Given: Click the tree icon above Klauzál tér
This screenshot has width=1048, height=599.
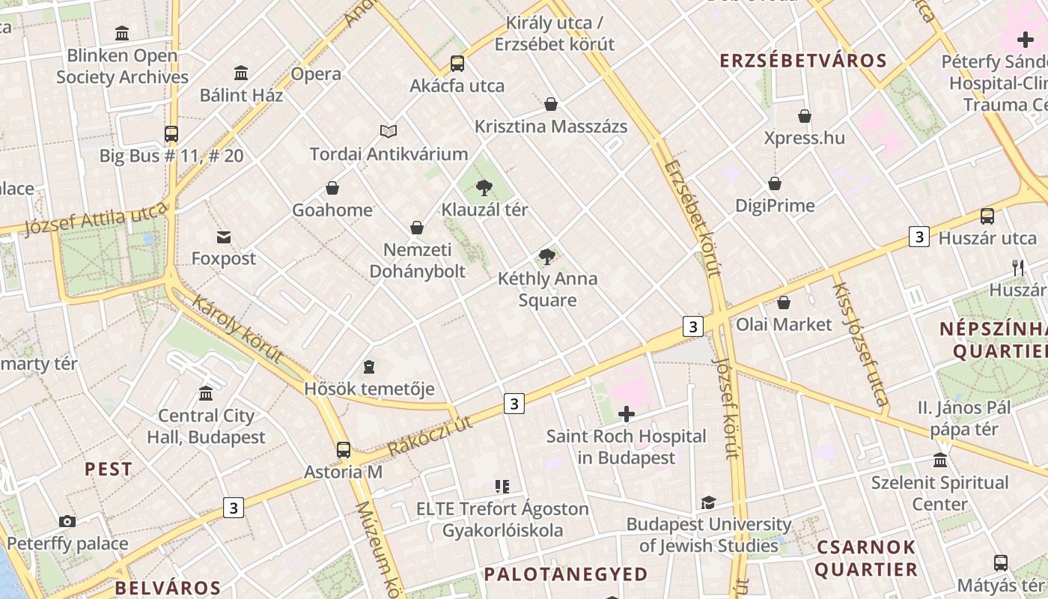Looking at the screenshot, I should [484, 187].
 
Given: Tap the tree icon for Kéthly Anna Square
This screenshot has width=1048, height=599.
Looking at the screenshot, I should [547, 257].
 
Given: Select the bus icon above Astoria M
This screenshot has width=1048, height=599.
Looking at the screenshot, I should [344, 449].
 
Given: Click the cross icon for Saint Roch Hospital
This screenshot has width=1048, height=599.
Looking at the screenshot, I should [627, 414].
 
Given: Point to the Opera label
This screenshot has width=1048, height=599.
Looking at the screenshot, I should [316, 74].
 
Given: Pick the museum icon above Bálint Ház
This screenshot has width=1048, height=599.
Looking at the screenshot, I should [241, 73].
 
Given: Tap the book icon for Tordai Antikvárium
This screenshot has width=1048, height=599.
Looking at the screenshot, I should [389, 132].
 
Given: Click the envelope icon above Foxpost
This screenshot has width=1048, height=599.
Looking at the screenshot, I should [223, 237].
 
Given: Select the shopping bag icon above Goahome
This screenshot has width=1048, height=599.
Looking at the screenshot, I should [332, 188].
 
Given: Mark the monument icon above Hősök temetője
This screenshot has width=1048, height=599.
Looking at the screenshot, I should [369, 367].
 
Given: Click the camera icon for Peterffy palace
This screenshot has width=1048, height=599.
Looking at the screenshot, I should [67, 521].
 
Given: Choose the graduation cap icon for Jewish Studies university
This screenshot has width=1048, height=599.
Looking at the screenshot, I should [708, 502].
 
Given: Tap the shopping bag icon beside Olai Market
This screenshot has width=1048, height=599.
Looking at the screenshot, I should [784, 302].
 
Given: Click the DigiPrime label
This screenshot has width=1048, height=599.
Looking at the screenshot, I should [775, 205].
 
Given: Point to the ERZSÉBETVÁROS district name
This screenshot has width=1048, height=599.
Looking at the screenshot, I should [803, 61].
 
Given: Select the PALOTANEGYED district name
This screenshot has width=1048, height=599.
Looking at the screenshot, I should [565, 574].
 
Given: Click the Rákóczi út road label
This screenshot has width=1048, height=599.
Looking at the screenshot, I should [430, 436].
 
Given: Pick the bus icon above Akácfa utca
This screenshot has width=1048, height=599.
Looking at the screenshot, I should [457, 64].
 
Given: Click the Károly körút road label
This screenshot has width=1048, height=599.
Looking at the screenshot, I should [237, 329].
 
